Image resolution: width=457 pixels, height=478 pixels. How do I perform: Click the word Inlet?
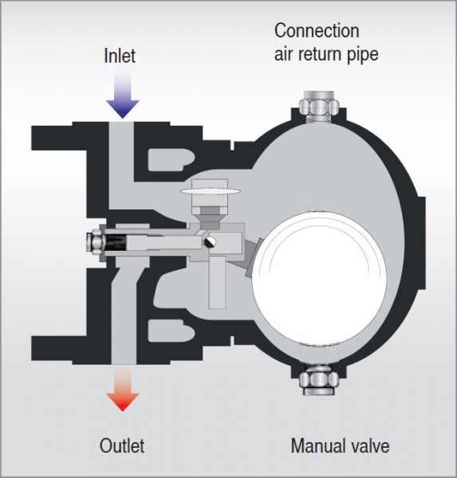point(120,56)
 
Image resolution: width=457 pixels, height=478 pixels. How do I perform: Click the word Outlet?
point(122,445)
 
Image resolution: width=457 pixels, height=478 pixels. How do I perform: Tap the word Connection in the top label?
point(317,31)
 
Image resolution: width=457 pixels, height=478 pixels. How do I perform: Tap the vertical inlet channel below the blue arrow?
point(122,151)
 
